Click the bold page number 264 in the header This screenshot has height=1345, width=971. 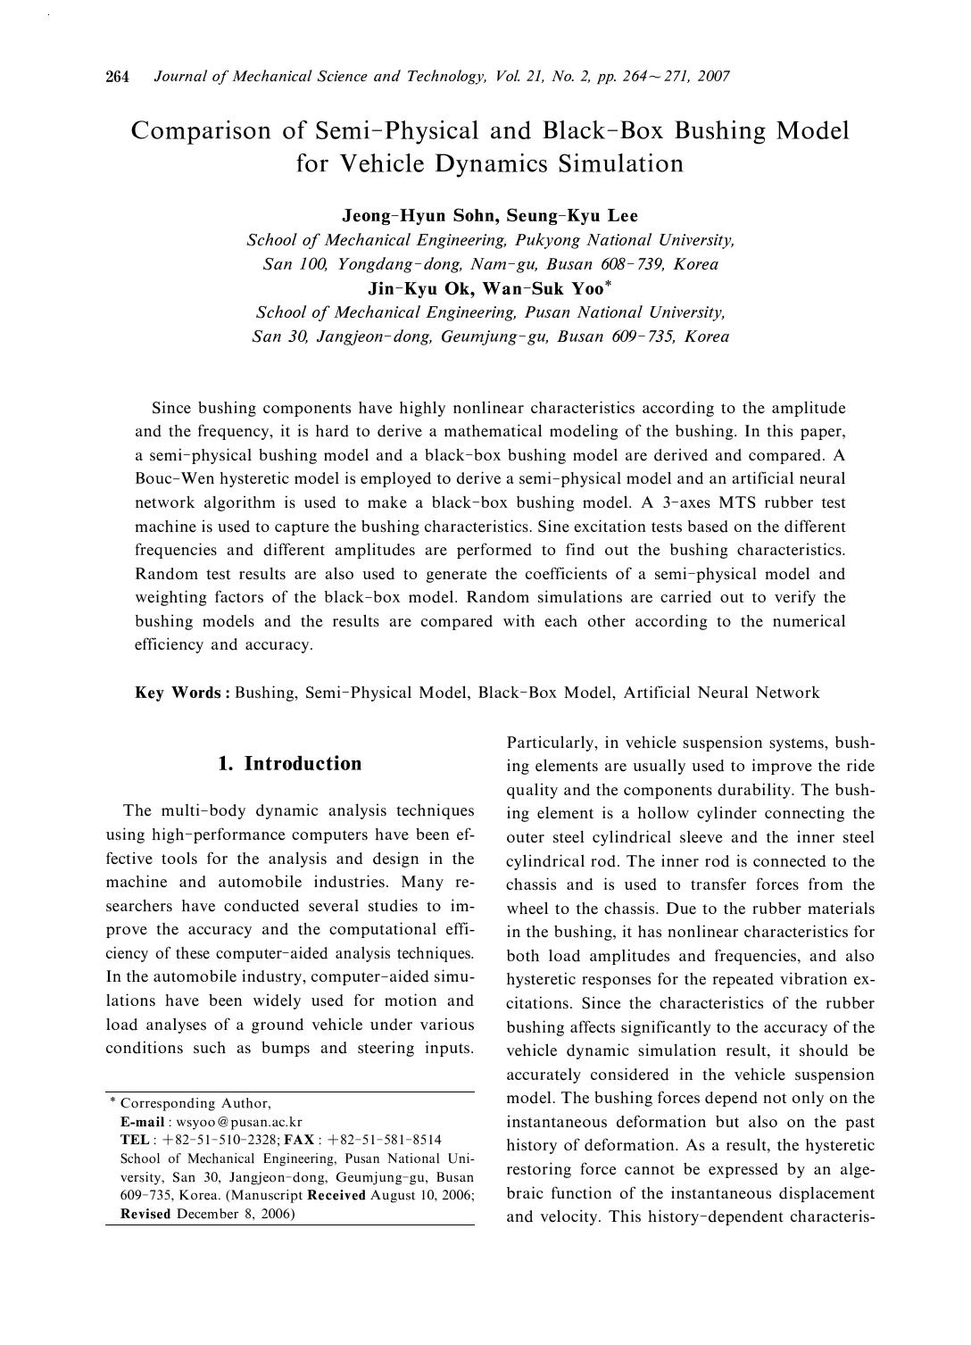tap(118, 77)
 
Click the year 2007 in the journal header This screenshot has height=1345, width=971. tap(714, 77)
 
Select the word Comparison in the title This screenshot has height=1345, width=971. tap(199, 131)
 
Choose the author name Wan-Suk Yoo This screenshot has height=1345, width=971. tap(544, 288)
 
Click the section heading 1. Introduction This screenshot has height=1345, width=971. tap(290, 764)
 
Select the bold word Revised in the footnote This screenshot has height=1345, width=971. tap(145, 1214)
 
